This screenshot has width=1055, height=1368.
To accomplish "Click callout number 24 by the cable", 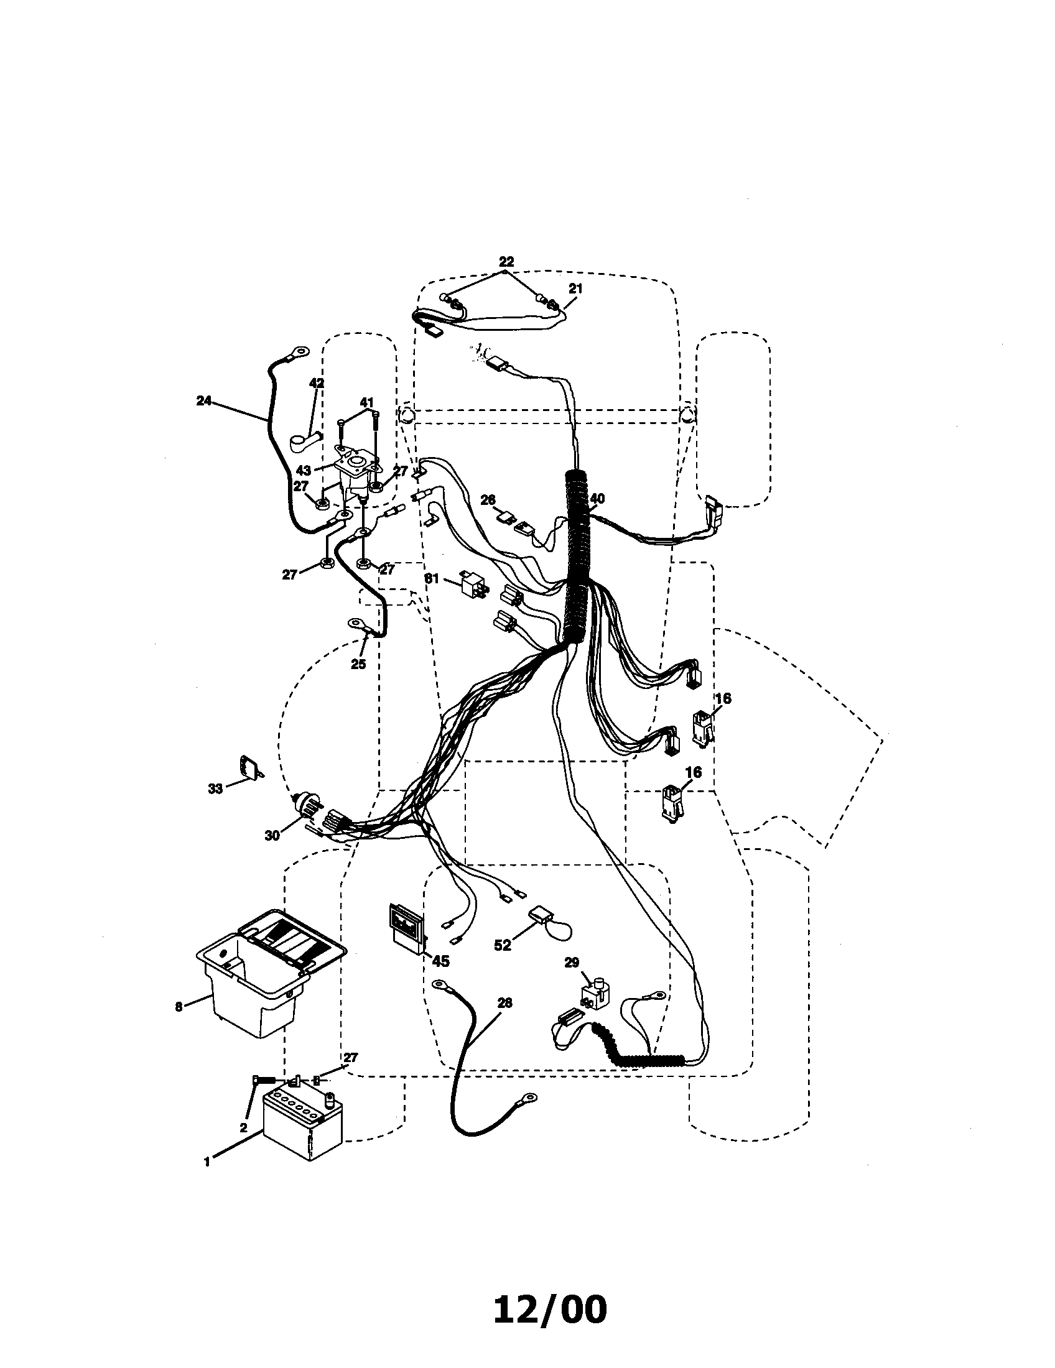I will click(203, 401).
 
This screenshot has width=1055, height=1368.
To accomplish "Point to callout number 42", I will click(317, 382).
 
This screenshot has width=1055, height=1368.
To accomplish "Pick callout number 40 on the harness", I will click(597, 499).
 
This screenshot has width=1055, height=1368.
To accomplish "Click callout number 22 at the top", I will click(506, 261).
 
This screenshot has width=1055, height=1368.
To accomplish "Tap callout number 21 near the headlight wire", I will click(575, 288).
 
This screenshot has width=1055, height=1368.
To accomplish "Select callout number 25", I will click(358, 664).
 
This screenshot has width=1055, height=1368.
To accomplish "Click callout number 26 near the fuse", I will click(488, 500).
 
